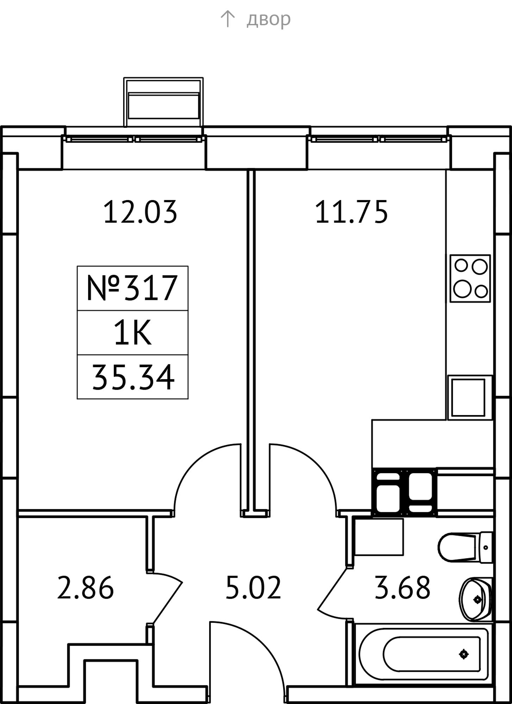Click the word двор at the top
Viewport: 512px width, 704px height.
click(268, 19)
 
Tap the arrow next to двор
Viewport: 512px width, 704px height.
click(227, 19)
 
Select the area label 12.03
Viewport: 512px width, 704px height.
click(140, 212)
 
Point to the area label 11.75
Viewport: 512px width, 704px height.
click(351, 212)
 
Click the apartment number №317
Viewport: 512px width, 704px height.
click(132, 288)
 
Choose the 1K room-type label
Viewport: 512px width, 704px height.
click(132, 333)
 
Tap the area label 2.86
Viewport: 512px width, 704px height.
click(85, 587)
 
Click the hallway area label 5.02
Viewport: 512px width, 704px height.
click(253, 587)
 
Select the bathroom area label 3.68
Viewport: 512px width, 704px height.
click(402, 587)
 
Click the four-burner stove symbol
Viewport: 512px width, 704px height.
click(470, 278)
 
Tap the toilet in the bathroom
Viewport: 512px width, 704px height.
click(465, 548)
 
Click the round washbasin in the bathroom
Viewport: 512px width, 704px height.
click(475, 599)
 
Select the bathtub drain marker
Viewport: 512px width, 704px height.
click(464, 654)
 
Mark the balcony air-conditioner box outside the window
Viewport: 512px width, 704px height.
click(163, 102)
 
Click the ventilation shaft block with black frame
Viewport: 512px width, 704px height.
click(404, 492)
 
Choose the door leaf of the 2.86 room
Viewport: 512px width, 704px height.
click(168, 602)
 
